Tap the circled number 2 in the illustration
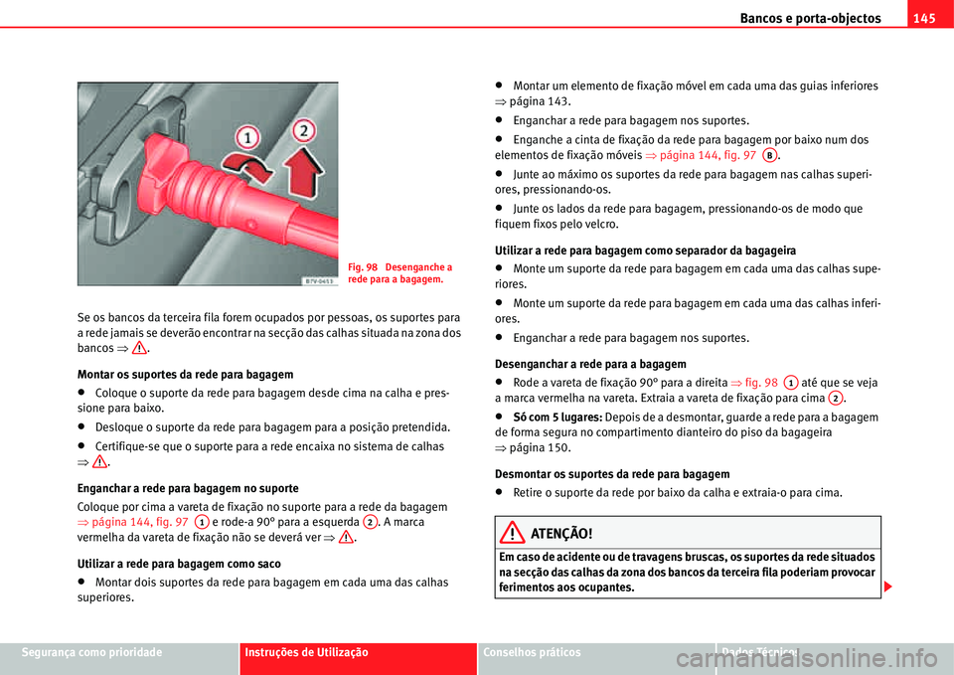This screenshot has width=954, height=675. pyautogui.click(x=304, y=129)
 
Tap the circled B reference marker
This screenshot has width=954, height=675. pyautogui.click(x=770, y=155)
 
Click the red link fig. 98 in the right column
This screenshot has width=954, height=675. pyautogui.click(x=757, y=382)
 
